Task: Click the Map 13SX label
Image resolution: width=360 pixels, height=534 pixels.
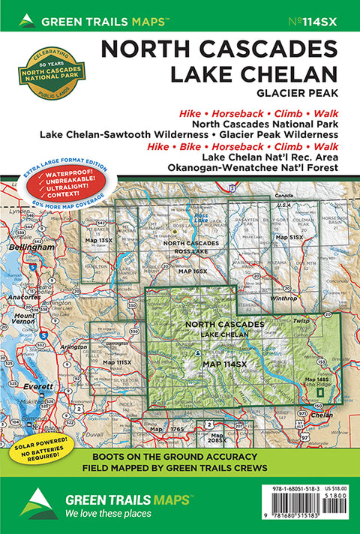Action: (x=99, y=240)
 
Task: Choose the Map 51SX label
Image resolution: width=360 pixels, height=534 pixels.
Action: (x=289, y=237)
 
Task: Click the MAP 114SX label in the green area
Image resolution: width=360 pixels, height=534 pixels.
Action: (x=224, y=364)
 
